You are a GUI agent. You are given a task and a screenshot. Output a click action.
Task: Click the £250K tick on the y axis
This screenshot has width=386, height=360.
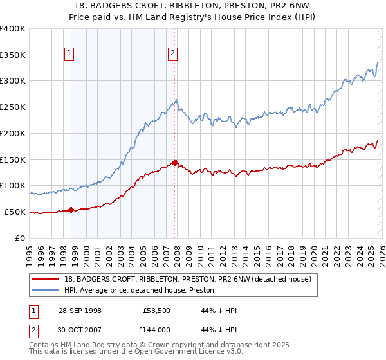(x=13, y=107)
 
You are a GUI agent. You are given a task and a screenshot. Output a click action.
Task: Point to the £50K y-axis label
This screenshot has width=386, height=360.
(x=13, y=212)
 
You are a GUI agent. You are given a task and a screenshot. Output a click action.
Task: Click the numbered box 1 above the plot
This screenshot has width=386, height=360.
(x=69, y=54)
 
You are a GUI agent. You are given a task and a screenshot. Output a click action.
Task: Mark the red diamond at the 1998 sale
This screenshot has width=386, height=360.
(x=71, y=209)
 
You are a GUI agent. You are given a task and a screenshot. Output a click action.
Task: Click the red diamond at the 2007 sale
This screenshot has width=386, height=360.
(x=174, y=163)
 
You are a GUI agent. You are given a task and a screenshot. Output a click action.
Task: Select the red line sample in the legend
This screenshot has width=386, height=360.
(x=46, y=279)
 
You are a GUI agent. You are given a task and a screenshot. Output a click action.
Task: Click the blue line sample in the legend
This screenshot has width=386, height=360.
(x=46, y=290)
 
